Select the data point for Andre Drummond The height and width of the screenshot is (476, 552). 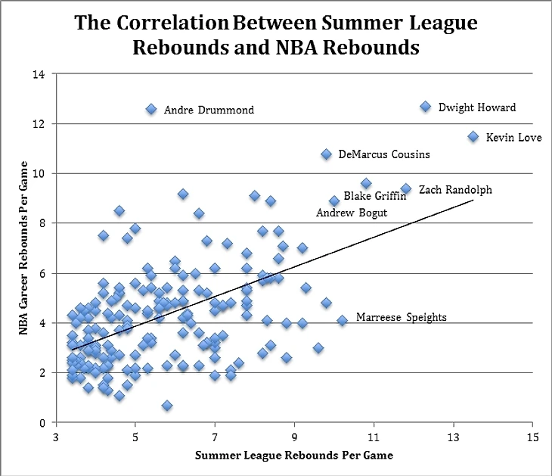(x=151, y=110)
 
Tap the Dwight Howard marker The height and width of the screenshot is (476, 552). (x=425, y=107)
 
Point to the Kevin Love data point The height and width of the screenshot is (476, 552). (x=473, y=137)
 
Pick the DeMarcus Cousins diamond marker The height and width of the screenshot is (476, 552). (x=326, y=154)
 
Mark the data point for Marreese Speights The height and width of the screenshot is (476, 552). (x=342, y=321)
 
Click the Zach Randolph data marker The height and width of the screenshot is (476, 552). (x=405, y=188)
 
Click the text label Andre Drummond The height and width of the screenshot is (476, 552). (x=209, y=110)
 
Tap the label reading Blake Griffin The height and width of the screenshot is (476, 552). (x=375, y=196)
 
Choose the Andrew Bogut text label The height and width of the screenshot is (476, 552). (x=351, y=213)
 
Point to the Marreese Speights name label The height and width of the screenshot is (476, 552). (x=401, y=318)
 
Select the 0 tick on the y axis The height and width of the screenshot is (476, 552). (x=42, y=422)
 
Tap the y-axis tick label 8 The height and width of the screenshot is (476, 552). (x=42, y=223)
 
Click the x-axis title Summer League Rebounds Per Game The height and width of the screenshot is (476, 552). (x=294, y=456)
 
